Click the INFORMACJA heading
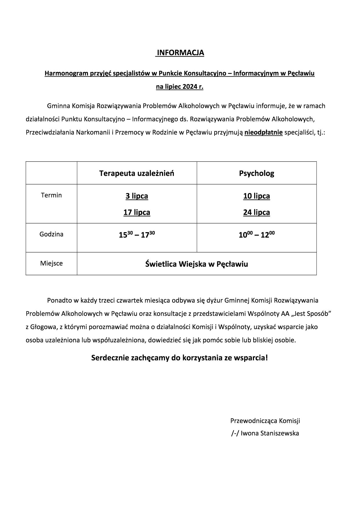[x=180, y=53]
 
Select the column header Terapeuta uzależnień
[x=137, y=173]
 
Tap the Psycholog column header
[x=256, y=173]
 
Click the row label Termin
[x=51, y=195]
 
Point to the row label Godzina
[x=51, y=234]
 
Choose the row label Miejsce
[x=51, y=263]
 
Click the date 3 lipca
[x=137, y=196]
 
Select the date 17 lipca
[x=137, y=212]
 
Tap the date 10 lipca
[x=256, y=196]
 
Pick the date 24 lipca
[x=256, y=212]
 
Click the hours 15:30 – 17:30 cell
[x=137, y=234]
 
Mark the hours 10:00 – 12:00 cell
[x=256, y=234]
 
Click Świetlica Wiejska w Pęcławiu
[x=197, y=264]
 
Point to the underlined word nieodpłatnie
[x=264, y=133]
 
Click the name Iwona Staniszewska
[x=270, y=433]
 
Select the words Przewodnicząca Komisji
[x=265, y=420]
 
